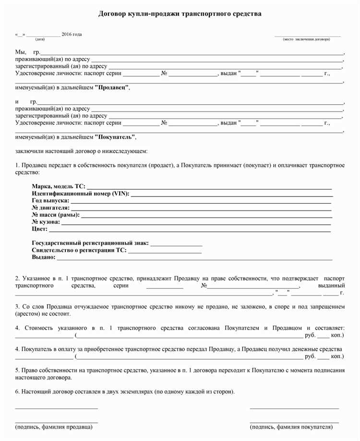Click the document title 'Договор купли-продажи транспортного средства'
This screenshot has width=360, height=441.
pos(180,14)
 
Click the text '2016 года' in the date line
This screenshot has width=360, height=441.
pos(72,34)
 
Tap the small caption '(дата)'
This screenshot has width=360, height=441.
pos(40,39)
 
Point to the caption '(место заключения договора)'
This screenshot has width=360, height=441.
pos(306,39)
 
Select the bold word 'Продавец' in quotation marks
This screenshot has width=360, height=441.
pos(112,88)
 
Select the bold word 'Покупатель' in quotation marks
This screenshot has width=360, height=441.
pos(115,137)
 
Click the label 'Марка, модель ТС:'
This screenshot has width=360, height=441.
pos(59,186)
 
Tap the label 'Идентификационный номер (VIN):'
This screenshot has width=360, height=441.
pos(80,194)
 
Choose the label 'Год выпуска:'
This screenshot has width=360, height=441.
pos(50,200)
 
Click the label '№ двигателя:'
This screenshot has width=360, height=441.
pos(50,208)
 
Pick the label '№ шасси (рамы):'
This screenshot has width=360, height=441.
pos(56,215)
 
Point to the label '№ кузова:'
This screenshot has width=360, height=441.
pos(46,222)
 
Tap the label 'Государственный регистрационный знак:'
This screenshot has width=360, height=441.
pos(90,243)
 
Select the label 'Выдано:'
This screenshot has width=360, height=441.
pos(43,257)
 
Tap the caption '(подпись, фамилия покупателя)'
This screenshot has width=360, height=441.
pos(291,427)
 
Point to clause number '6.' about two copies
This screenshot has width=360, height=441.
pos(18,392)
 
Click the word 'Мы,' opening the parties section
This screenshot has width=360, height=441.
pos(21,51)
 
